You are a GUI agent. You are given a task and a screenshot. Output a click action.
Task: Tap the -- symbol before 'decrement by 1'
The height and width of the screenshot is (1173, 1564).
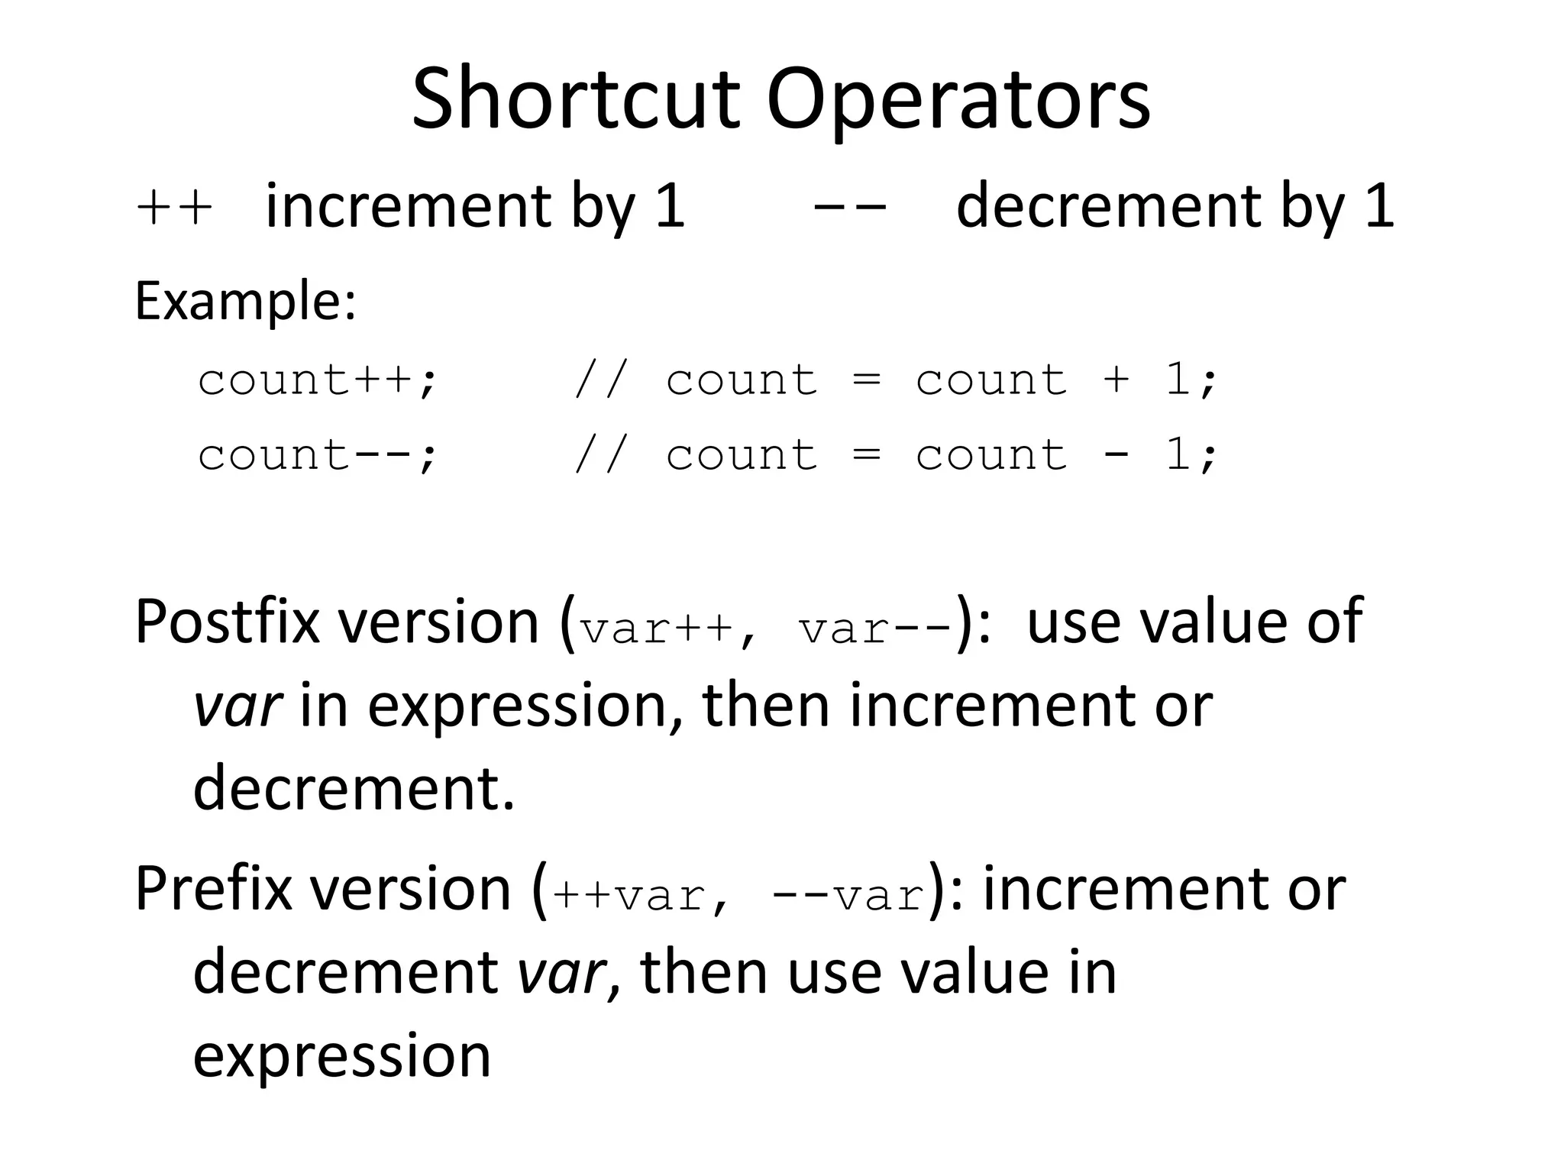point(850,207)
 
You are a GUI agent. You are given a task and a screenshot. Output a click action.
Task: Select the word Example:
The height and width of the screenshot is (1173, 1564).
point(245,302)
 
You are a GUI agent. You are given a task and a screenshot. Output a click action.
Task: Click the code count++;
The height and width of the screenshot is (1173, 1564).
point(317,380)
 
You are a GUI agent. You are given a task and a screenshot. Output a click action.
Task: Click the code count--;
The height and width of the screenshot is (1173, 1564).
point(317,454)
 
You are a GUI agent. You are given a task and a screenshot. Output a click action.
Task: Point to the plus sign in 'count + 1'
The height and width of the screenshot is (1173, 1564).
point(1116,380)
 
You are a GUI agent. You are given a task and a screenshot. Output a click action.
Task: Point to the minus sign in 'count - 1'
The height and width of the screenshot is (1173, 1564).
point(1116,455)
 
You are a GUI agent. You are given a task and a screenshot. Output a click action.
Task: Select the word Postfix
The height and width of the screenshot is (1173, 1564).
point(227,622)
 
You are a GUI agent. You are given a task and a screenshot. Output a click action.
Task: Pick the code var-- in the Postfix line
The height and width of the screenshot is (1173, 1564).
point(875,630)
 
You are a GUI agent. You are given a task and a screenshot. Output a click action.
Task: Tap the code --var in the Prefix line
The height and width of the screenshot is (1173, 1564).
point(848,896)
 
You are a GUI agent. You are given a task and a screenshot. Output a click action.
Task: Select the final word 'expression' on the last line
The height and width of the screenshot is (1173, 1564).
point(341,1056)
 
